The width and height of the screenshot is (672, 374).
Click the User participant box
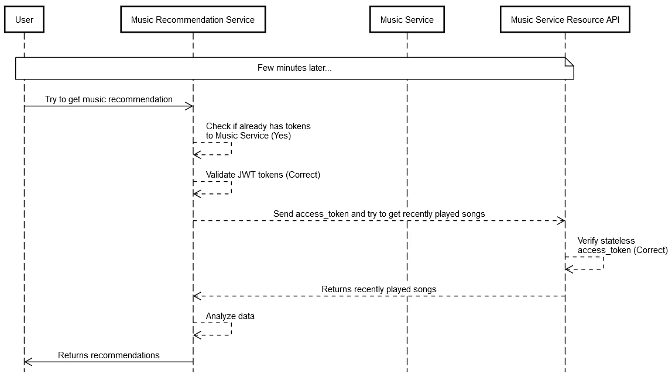coord(24,20)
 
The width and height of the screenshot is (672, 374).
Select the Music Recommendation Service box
coord(193,20)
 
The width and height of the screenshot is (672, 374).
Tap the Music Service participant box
coord(407,20)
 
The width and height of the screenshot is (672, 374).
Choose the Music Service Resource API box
coord(565,20)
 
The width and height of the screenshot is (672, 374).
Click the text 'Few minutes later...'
coord(294,68)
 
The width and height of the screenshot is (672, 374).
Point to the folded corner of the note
coord(569,61)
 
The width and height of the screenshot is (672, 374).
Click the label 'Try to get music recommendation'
coord(109,99)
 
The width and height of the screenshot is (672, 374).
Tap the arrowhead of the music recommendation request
coord(190,106)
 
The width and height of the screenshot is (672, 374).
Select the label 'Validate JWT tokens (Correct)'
coord(263,175)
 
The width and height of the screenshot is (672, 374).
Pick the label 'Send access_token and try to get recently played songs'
coord(379,214)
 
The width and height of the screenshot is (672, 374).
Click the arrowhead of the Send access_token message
coord(561,221)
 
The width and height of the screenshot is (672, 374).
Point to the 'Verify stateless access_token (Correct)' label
coord(622,245)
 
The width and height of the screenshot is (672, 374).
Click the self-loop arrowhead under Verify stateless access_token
coord(568,269)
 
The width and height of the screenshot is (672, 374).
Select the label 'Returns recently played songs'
coord(379,289)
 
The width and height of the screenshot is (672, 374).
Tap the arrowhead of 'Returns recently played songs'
coord(197,296)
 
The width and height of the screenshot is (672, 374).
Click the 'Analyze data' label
coord(230,316)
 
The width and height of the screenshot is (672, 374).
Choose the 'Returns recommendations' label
coord(109,355)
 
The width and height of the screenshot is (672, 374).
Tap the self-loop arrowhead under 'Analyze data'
coord(197,335)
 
